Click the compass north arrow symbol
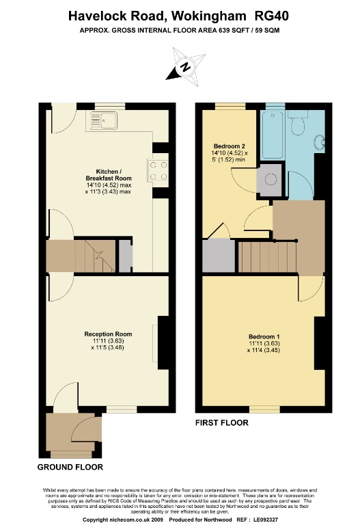pos(184,66)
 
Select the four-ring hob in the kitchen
pos(158,170)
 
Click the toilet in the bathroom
pos(297,126)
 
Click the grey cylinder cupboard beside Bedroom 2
pos(269,180)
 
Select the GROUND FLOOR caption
pos(70,468)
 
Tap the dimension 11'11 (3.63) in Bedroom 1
pos(264,344)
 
